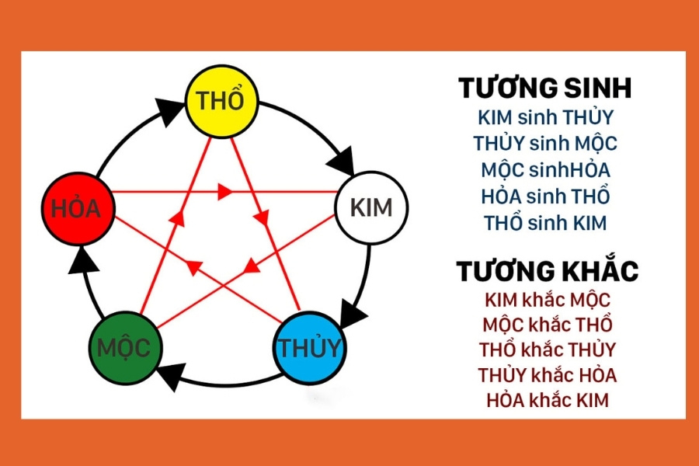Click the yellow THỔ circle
click(221, 101)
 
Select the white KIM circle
click(371, 207)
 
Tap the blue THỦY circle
click(310, 347)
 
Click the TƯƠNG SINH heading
click(544, 88)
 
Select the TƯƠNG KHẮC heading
click(547, 271)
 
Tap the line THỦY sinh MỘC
click(545, 144)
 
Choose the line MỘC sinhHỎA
click(545, 169)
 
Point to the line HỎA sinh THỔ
click(546, 195)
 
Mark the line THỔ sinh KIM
click(545, 221)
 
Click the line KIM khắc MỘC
click(548, 299)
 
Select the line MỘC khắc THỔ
click(548, 324)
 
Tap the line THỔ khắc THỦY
click(548, 349)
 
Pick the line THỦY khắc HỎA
click(548, 374)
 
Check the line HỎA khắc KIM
click(548, 400)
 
